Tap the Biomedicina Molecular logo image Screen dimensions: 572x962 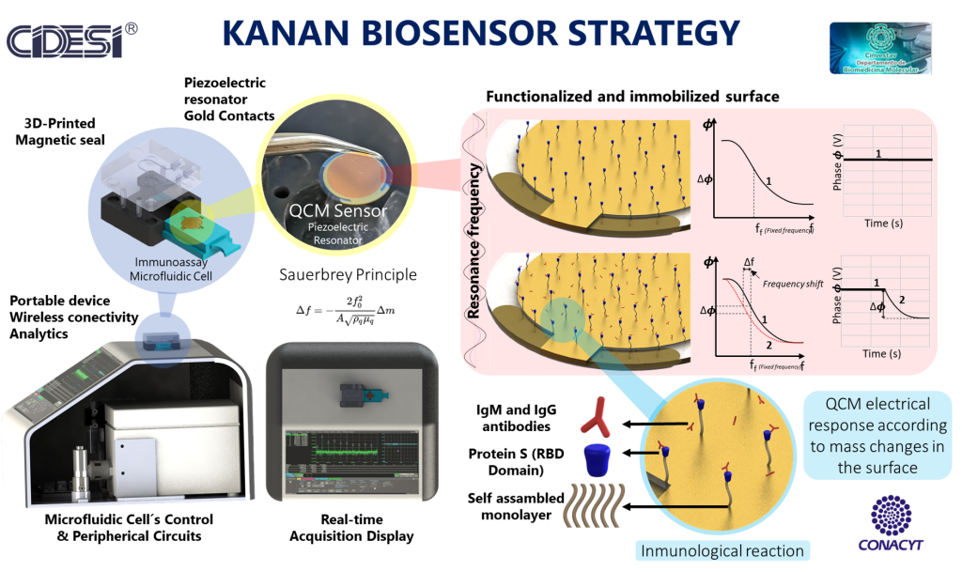click(881, 47)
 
